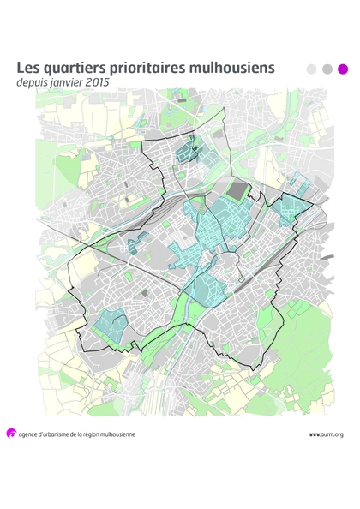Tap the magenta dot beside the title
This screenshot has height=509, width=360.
point(343,69)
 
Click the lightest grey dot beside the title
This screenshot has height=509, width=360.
point(311,69)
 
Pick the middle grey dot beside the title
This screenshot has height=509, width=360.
point(327,69)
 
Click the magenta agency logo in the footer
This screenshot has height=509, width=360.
point(11,434)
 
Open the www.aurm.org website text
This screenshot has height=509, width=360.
point(326,434)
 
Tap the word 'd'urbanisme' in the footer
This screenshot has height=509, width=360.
point(63,434)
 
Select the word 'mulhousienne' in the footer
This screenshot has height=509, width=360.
point(117,434)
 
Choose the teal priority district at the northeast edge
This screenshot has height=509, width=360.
point(293,205)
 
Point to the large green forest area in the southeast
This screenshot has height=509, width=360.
point(309,343)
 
